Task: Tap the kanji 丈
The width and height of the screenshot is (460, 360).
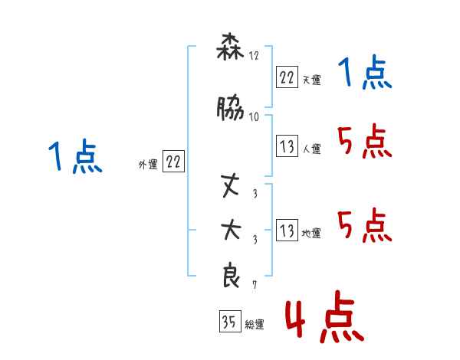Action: click(x=230, y=185)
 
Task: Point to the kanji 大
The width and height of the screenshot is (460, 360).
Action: click(x=230, y=230)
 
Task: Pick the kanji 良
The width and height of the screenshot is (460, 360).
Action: click(x=231, y=276)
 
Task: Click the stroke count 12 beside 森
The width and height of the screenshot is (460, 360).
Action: click(x=254, y=57)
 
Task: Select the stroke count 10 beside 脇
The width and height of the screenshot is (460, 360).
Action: click(x=254, y=116)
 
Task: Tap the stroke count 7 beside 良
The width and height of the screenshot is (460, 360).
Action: click(x=255, y=285)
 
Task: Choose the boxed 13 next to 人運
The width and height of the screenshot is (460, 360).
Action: click(x=287, y=146)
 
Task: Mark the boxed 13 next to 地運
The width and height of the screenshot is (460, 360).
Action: click(x=287, y=231)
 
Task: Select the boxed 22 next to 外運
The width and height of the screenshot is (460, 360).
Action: click(x=173, y=162)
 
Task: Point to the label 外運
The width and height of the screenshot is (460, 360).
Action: click(x=147, y=164)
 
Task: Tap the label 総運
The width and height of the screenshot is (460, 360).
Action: click(x=255, y=325)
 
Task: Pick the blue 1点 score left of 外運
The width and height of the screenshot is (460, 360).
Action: click(x=75, y=158)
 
